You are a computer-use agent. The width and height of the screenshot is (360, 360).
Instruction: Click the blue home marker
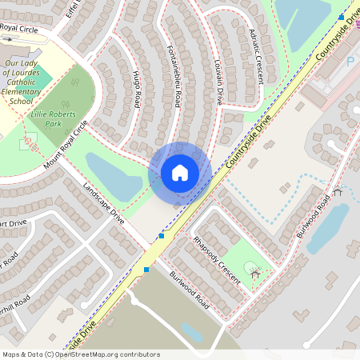point(180,173)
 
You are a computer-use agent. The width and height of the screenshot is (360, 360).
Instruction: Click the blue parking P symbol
point(350,61)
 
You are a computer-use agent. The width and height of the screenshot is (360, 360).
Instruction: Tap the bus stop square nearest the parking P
point(342,16)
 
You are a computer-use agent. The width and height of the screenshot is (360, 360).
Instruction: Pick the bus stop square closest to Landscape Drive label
point(162,236)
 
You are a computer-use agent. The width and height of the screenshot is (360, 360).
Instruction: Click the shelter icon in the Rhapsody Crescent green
point(255,274)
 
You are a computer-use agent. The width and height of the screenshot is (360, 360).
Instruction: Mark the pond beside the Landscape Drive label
point(114,175)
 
